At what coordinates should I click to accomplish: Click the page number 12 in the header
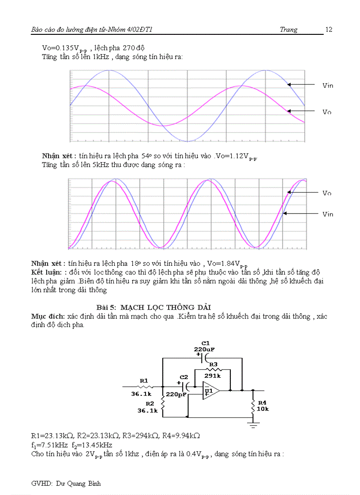tap(329, 30)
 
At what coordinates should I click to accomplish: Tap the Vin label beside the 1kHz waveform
tap(328, 86)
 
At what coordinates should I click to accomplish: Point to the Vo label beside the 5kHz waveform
tap(327, 193)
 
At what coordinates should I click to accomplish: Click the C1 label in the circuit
tap(205, 342)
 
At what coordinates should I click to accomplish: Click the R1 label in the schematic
tap(144, 380)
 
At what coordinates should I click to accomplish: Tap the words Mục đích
tap(48, 316)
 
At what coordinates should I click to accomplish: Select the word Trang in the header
tap(289, 30)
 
